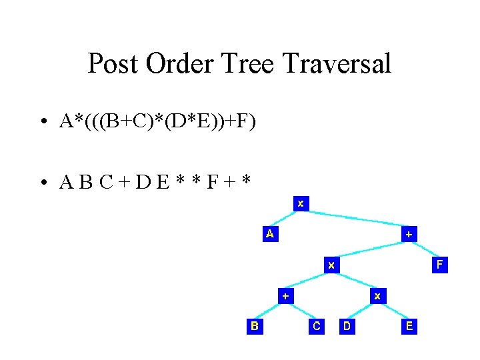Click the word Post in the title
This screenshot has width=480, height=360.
113,64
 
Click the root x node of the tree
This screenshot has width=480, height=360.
301,203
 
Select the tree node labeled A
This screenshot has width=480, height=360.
269,234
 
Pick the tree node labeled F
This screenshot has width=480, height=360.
439,265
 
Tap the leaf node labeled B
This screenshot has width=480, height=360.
255,326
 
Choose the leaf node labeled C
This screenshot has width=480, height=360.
316,326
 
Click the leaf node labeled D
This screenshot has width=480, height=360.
347,326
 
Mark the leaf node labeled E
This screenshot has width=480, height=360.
409,326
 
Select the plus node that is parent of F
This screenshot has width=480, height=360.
408,234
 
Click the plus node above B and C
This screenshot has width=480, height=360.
285,295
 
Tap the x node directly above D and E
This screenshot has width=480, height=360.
377,295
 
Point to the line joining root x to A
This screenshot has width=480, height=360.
285,219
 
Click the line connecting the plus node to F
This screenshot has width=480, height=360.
424,249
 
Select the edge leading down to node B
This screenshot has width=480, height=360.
270,311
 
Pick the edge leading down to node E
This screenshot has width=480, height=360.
393,311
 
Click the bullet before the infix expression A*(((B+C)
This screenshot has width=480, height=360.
42,122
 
